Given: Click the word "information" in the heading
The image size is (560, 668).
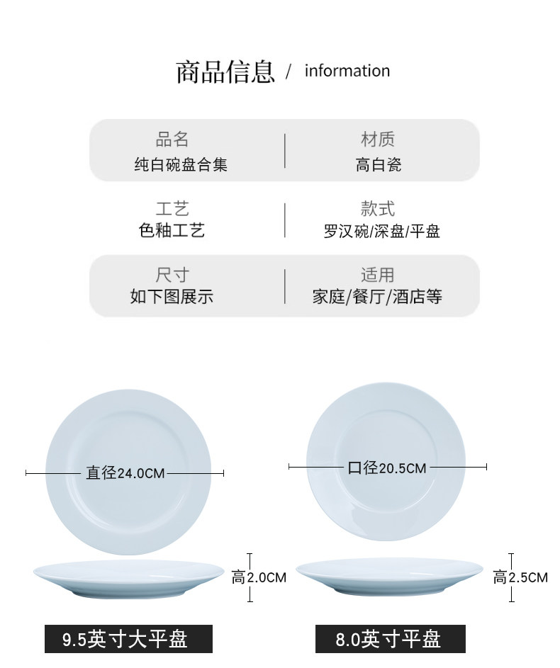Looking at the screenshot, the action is pyautogui.click(x=347, y=71).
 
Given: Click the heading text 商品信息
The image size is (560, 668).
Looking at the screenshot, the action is pyautogui.click(x=225, y=72).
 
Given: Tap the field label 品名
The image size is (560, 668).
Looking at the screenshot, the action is pyautogui.click(x=172, y=139).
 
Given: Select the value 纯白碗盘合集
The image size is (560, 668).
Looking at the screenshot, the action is pyautogui.click(x=181, y=165).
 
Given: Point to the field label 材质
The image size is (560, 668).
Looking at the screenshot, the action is pyautogui.click(x=378, y=139).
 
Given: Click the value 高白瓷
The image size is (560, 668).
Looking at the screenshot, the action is pyautogui.click(x=379, y=165).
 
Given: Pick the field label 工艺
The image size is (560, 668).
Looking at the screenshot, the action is pyautogui.click(x=172, y=209).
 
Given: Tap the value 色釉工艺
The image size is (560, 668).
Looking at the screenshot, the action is pyautogui.click(x=172, y=231).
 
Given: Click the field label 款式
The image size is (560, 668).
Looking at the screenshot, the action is pyautogui.click(x=378, y=209).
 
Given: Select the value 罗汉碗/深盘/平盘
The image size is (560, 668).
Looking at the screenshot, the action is pyautogui.click(x=382, y=232).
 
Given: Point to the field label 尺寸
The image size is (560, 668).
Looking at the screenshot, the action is pyautogui.click(x=172, y=275).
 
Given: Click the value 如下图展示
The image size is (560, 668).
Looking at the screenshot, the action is pyautogui.click(x=172, y=297).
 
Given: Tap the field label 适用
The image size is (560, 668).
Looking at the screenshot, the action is pyautogui.click(x=378, y=275).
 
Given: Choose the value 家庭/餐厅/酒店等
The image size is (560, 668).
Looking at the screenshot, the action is pyautogui.click(x=377, y=297).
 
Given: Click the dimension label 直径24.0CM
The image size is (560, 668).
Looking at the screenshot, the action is pyautogui.click(x=125, y=472).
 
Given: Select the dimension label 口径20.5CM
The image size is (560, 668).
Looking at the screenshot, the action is pyautogui.click(x=387, y=468).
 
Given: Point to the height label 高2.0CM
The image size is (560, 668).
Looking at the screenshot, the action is pyautogui.click(x=259, y=578).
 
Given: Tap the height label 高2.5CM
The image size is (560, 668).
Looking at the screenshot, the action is pyautogui.click(x=520, y=577).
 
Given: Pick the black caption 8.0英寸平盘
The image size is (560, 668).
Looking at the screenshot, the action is pyautogui.click(x=390, y=639).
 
